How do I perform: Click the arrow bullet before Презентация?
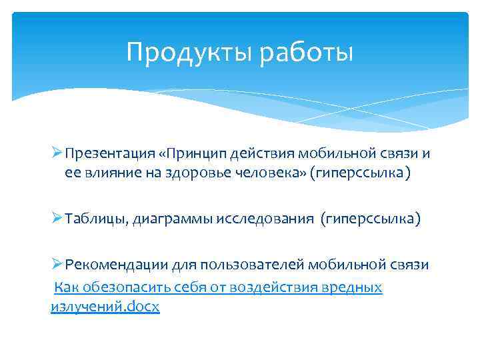[x=56, y=153]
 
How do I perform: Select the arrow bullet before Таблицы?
[x=56, y=219]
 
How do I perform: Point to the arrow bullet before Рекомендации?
[x=56, y=265]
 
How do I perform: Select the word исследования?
[x=265, y=219]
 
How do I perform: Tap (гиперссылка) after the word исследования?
[x=371, y=219]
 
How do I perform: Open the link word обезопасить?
[x=121, y=287]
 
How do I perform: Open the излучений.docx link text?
[x=105, y=307]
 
